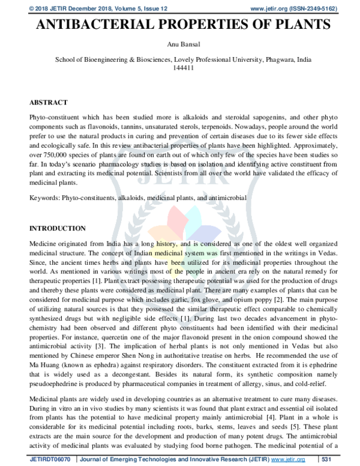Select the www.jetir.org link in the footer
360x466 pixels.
[287, 459]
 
